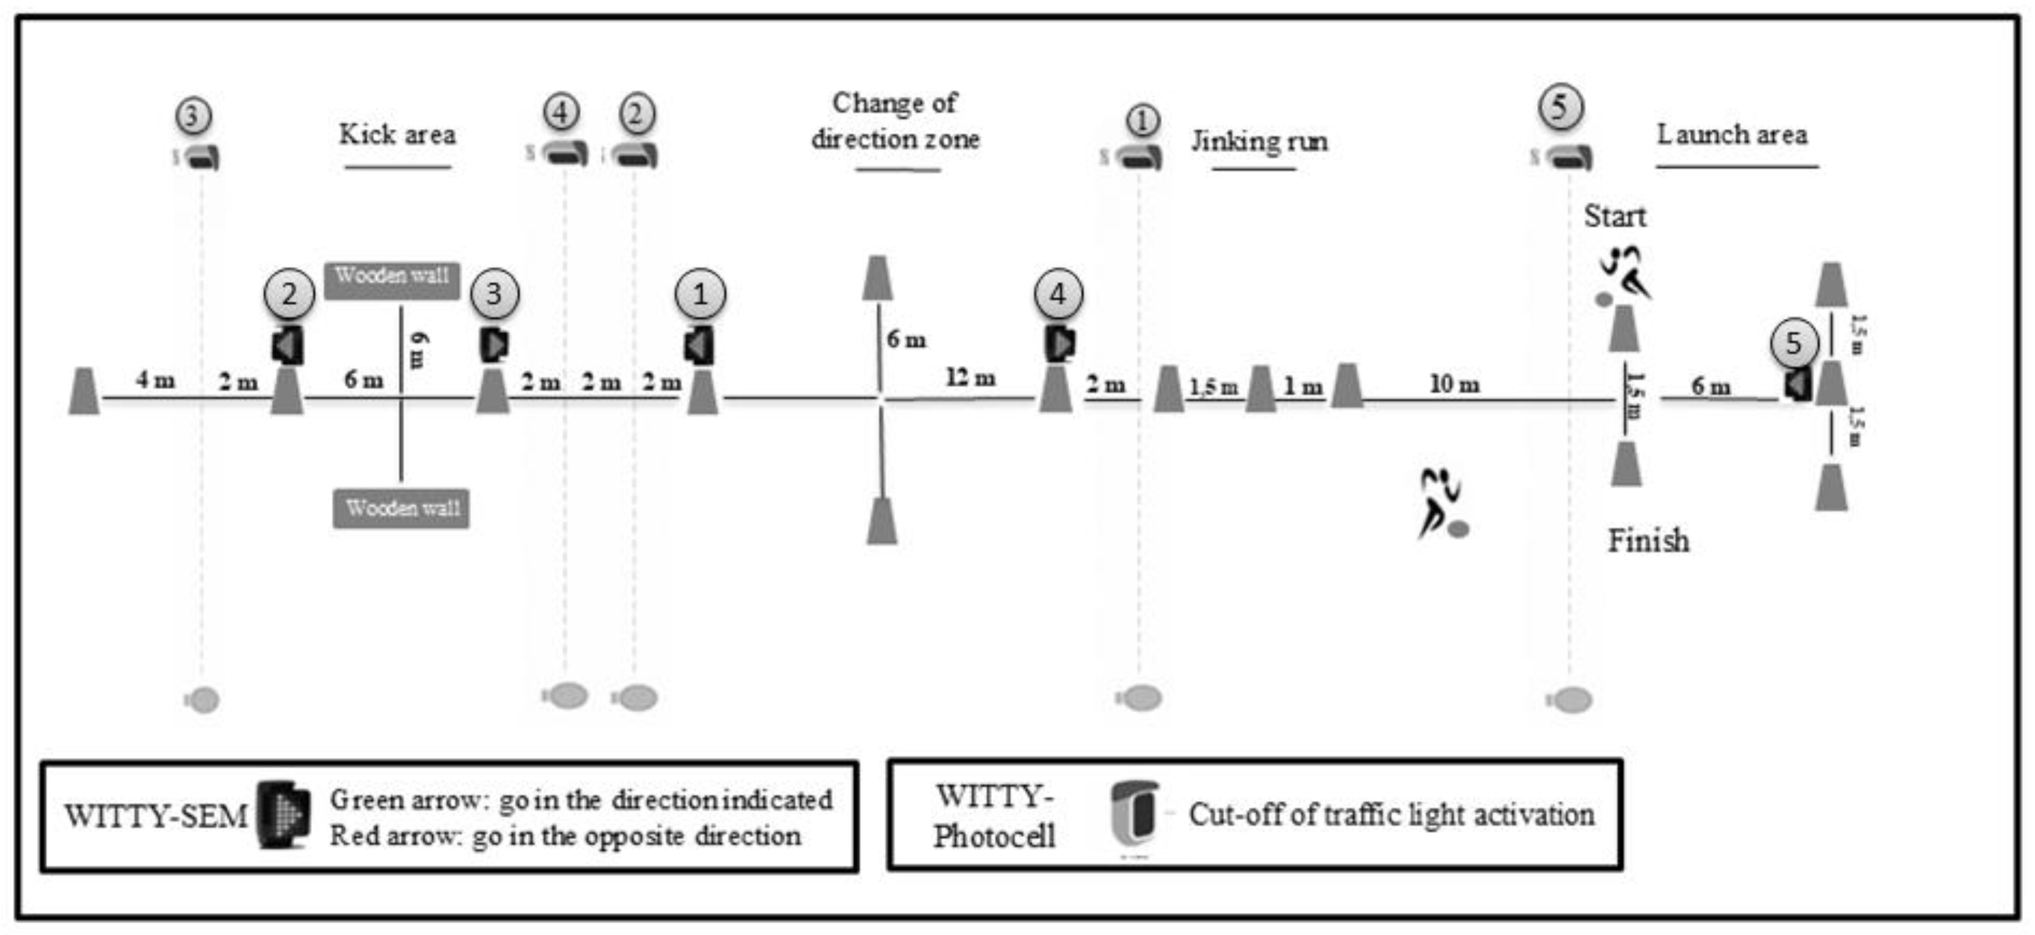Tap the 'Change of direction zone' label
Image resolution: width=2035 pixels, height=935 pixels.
(x=895, y=121)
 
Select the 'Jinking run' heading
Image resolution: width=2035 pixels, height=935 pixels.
(x=1259, y=142)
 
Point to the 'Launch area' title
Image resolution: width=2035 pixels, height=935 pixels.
(x=1732, y=134)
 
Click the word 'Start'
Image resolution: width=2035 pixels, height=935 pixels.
(x=1615, y=216)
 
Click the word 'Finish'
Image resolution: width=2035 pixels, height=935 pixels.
(x=1649, y=541)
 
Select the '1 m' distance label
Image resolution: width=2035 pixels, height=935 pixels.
(x=1302, y=387)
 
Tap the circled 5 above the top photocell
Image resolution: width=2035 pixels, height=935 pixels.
(x=1560, y=107)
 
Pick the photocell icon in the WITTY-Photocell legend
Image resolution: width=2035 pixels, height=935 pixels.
(x=1135, y=815)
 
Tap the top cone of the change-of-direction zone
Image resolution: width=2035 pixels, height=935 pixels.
(x=877, y=278)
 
